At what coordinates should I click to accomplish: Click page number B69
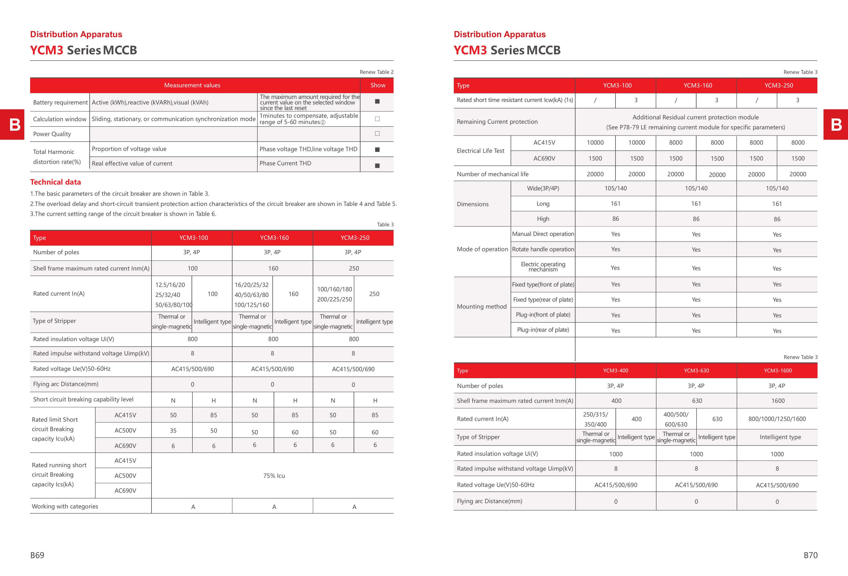click(37, 555)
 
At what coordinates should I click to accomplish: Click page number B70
click(810, 555)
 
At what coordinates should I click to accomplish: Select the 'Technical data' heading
click(55, 182)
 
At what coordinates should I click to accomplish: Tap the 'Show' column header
click(378, 85)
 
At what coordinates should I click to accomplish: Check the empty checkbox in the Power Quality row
click(377, 134)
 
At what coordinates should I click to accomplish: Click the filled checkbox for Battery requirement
click(377, 101)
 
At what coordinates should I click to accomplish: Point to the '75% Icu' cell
click(274, 475)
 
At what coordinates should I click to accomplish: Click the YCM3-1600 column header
click(778, 370)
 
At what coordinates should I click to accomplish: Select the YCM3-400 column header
click(616, 370)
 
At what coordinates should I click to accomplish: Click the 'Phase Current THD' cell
click(285, 163)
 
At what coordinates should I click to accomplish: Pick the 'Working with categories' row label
click(65, 506)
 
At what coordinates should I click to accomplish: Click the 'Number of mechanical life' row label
click(493, 174)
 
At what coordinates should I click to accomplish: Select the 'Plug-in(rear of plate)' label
click(543, 330)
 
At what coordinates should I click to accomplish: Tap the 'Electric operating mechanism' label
click(543, 267)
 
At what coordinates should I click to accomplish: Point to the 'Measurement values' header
click(192, 85)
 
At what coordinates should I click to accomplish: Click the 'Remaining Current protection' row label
click(497, 122)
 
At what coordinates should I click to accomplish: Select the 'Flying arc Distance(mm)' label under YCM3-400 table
click(489, 501)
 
